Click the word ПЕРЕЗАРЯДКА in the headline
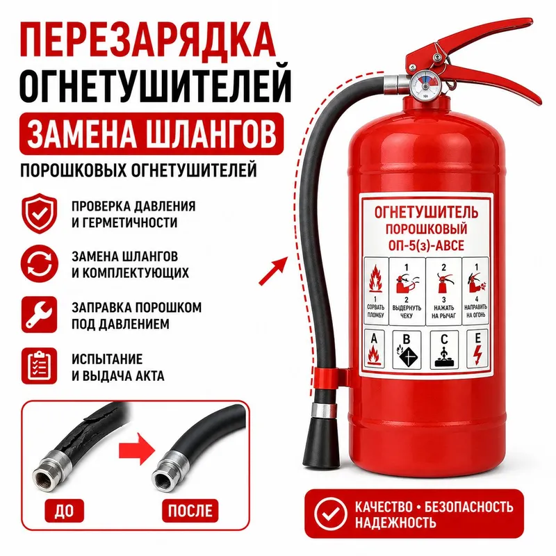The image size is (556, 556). pos(147,40)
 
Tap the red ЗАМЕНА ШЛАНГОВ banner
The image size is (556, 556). pos(152,134)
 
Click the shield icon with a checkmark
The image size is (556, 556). pos(39,214)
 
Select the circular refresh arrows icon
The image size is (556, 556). pos(39,264)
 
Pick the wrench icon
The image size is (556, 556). pos(39,315)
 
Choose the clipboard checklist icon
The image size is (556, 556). pos(39,366)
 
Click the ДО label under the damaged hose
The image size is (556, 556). pos(64,510)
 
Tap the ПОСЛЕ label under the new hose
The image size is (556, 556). pos(190,510)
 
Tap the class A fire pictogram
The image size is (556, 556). pos(375,350)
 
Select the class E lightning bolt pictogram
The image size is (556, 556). pos(477,349)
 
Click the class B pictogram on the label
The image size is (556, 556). pos(407,350)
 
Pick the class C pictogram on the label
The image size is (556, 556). pos(444,350)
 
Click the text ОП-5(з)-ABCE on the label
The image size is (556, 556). pos(426,245)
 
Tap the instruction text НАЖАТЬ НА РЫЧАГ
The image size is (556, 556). pos(443,311)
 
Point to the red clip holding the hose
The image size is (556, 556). pos(331,378)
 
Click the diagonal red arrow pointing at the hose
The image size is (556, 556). pos(272,271)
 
